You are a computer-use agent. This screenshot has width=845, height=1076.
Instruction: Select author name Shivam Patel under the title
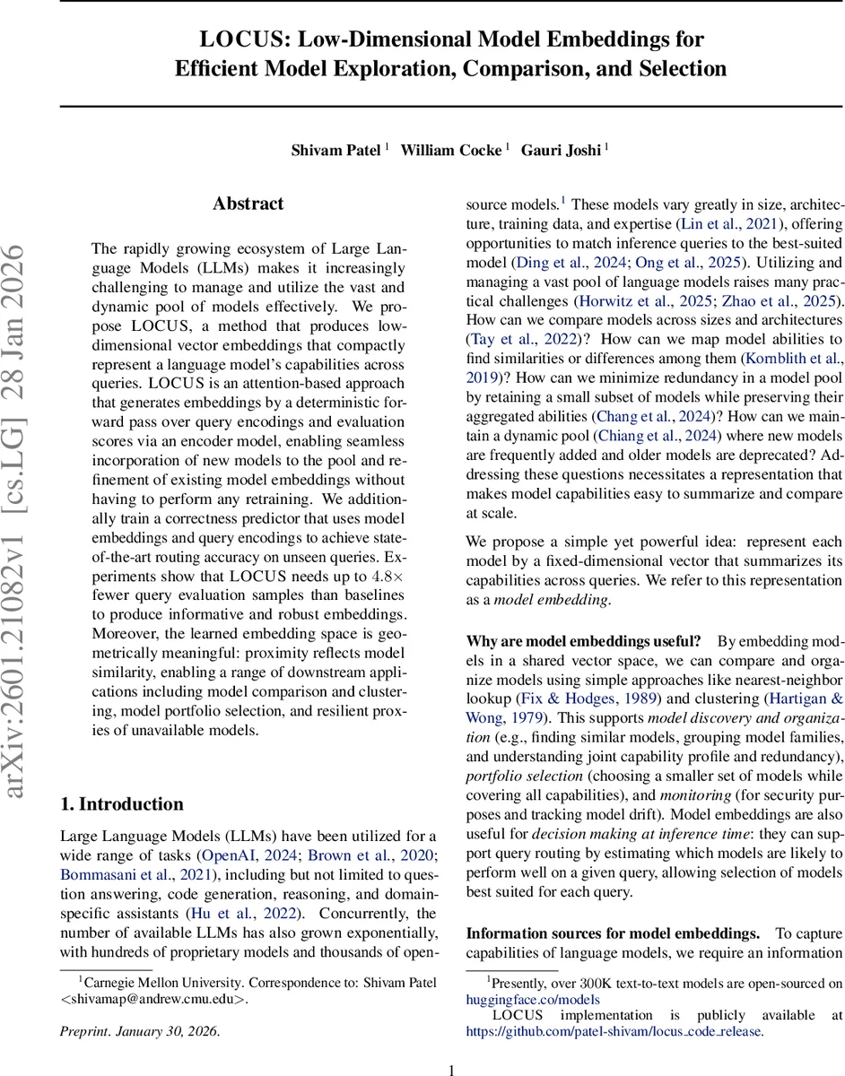coord(336,151)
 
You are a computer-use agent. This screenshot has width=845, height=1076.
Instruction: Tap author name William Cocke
coord(450,151)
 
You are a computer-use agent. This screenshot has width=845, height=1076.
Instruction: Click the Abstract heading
coord(248,204)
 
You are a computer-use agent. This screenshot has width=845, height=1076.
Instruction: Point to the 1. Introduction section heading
coord(121,803)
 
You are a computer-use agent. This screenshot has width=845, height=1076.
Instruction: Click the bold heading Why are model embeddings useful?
coord(584,640)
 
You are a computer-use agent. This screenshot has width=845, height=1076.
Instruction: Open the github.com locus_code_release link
coord(614,1031)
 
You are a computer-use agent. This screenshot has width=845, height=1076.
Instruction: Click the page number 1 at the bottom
coord(452,1069)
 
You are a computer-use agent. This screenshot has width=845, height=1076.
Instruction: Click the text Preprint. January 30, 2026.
coord(138,1030)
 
